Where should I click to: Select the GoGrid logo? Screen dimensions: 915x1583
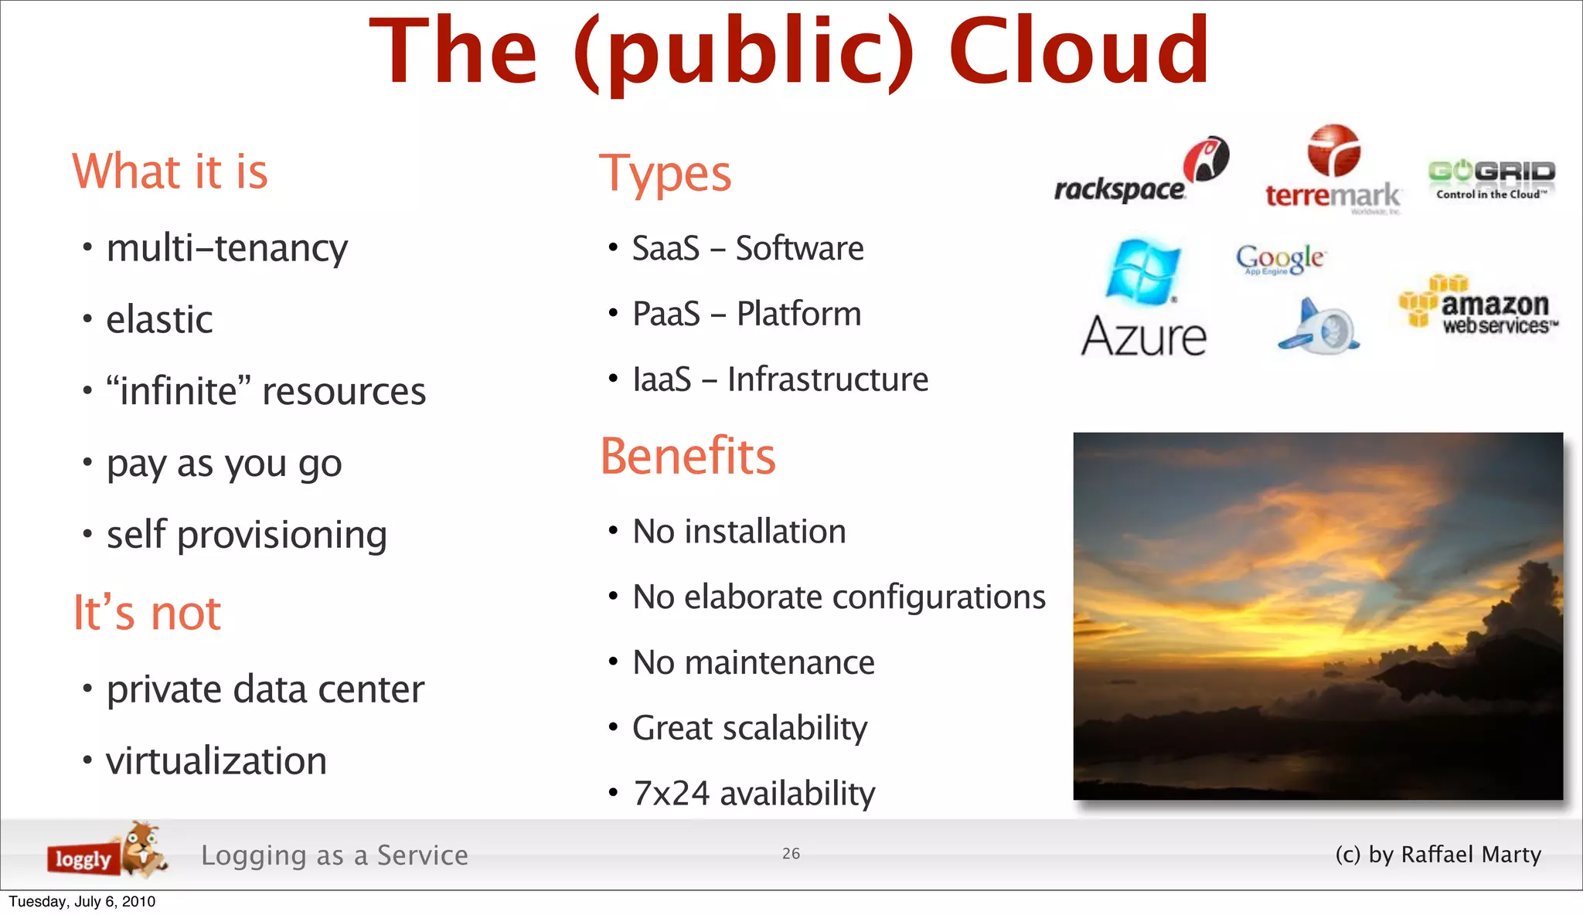(x=1491, y=179)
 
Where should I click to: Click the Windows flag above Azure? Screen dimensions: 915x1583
(x=1142, y=272)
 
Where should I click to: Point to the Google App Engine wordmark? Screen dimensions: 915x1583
(x=1280, y=259)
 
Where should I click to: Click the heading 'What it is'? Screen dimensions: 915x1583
(x=170, y=172)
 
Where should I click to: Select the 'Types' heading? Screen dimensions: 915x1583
(x=665, y=174)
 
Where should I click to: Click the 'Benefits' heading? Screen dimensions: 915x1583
(x=688, y=456)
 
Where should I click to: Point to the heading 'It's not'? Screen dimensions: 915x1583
(x=147, y=613)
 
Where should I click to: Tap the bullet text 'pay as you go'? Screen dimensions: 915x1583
(x=224, y=464)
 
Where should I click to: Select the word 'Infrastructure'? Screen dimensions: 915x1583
(x=827, y=379)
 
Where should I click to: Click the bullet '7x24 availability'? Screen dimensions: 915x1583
(x=754, y=794)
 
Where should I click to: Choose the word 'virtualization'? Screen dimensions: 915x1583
(x=216, y=761)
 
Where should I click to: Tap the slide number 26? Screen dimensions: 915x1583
(x=791, y=853)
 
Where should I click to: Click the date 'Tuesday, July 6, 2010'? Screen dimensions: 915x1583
(x=82, y=902)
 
